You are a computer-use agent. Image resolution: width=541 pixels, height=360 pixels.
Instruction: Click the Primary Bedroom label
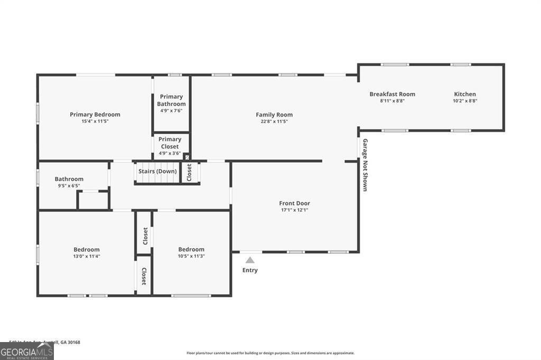coord(95,115)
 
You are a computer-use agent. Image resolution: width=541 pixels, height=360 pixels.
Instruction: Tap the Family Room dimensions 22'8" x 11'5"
coord(274,121)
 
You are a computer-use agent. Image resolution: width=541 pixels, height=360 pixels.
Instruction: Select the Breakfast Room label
coord(392,94)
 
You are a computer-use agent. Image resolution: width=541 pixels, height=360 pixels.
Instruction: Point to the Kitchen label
coord(464,94)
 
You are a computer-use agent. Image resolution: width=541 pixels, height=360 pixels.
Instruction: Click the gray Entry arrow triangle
coord(250,260)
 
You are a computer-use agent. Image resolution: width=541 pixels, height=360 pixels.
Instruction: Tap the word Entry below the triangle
coord(250,270)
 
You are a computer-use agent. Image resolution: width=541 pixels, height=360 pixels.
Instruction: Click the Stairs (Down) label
coord(157,172)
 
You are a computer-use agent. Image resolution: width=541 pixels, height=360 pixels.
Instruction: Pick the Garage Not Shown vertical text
coord(365,165)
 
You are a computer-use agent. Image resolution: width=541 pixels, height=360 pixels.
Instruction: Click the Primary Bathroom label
coord(171,100)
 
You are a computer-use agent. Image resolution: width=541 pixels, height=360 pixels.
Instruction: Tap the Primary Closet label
coord(170,143)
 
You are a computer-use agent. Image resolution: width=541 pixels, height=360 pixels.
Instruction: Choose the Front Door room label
coord(294,203)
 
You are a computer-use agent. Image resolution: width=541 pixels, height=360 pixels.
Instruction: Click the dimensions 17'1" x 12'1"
coord(294,210)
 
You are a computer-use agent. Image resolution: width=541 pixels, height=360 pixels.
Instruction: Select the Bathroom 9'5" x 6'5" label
coord(69,179)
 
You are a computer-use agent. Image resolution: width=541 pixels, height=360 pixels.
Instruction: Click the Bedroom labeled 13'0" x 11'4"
coord(86,250)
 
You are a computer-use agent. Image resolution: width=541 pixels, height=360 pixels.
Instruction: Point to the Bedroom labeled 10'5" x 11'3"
coord(191,250)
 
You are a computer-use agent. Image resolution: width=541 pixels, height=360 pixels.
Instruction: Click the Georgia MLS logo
coord(27,352)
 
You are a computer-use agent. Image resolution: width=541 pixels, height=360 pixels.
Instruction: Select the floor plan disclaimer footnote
coord(270,353)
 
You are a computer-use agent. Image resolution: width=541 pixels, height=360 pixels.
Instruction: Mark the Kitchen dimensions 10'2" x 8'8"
coord(464,101)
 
